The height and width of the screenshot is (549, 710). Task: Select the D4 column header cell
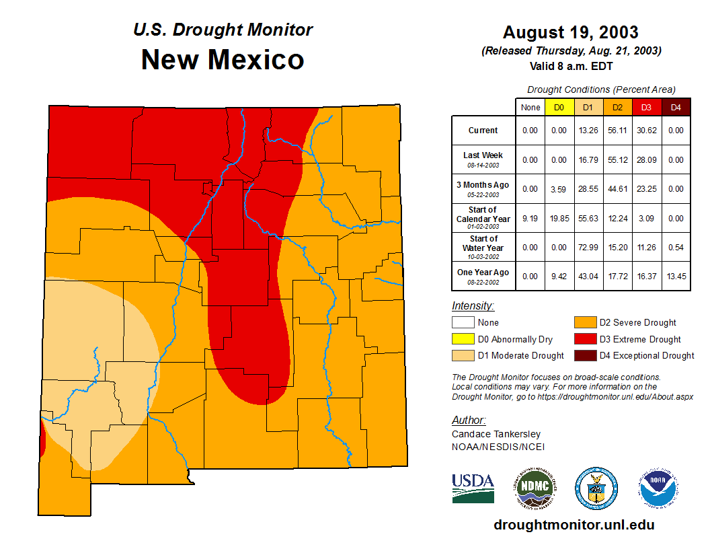point(676,108)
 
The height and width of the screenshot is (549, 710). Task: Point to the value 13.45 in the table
point(676,276)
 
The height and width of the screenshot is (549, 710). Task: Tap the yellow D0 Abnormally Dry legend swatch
point(463,339)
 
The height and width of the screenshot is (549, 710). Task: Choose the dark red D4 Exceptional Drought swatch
point(585,355)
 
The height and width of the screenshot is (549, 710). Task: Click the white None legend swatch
point(463,323)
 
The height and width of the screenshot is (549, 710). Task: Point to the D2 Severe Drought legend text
point(637,323)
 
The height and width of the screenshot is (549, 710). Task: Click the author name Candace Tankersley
point(496,434)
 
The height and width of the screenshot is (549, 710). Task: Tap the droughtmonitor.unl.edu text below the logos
point(574,525)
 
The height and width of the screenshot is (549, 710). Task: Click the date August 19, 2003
point(570,32)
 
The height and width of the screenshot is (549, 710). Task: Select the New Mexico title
point(223,60)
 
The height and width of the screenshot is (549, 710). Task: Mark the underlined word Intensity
point(473,306)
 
